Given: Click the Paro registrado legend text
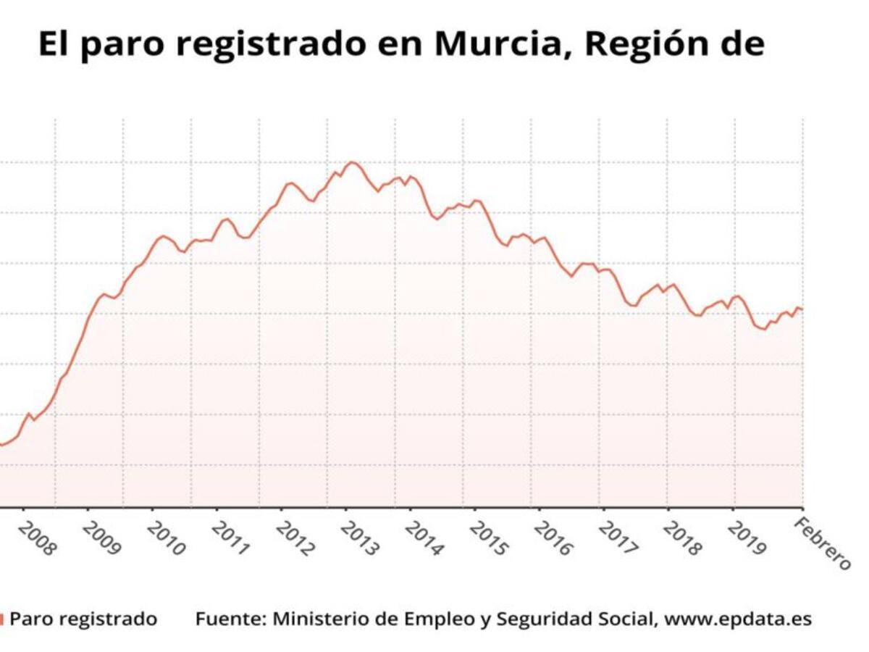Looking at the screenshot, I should [83, 619].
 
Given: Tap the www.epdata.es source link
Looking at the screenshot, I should [738, 619].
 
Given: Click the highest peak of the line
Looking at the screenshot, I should [352, 162].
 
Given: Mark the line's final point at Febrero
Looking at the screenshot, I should [802, 309].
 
